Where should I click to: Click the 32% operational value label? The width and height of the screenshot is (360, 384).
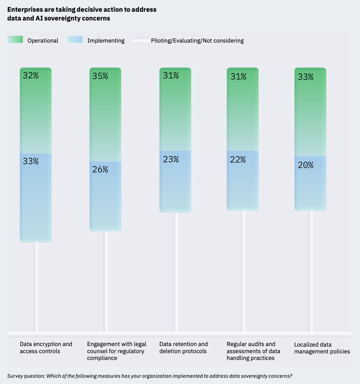pos(31,75)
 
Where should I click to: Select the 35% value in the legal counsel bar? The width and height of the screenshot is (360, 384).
pos(100,76)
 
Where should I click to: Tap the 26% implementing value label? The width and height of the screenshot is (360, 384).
pos(100,169)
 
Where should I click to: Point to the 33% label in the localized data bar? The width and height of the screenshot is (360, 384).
pos(305,77)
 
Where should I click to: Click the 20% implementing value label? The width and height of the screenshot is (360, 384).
pos(305,165)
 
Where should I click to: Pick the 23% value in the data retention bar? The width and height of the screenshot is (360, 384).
pos(171,159)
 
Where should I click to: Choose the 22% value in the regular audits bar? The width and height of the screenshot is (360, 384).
pos(238,160)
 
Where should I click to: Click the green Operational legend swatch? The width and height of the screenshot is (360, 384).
pos(15,40)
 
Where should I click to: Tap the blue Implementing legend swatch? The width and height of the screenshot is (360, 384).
pos(75,40)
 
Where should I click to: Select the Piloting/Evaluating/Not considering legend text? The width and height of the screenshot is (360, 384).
pos(197,41)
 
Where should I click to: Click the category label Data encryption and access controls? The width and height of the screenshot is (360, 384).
pos(46,348)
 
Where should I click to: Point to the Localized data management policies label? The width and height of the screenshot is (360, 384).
pos(322,348)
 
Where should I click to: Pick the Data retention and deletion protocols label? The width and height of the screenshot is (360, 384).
pos(183,348)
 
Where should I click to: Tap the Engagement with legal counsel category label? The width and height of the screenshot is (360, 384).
pos(116,351)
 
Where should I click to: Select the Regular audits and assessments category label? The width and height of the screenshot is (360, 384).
pos(253,351)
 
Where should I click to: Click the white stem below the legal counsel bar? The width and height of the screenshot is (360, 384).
pos(105,280)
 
